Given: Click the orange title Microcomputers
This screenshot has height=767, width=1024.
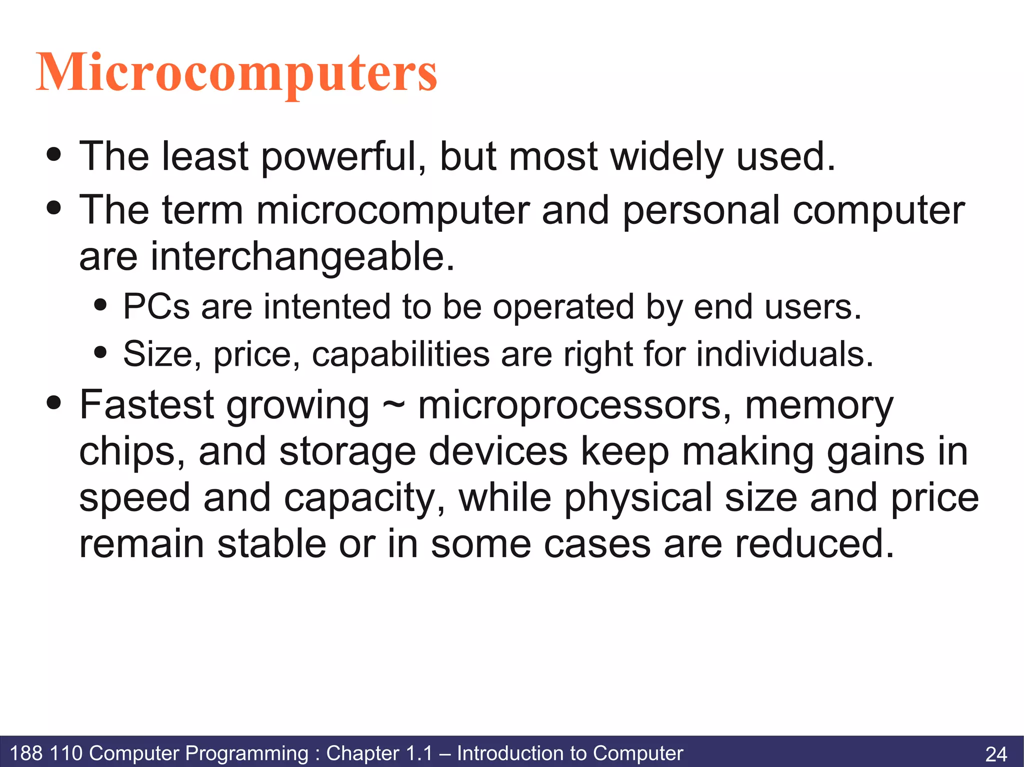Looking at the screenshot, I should (236, 73).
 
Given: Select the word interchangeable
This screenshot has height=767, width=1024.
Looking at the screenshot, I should (267, 256).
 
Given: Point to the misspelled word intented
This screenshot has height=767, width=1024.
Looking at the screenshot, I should (327, 307).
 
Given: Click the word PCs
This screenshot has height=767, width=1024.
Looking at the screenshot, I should (156, 307).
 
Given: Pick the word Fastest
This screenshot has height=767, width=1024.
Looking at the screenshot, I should (147, 405).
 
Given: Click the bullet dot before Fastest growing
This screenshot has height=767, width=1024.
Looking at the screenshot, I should (53, 402).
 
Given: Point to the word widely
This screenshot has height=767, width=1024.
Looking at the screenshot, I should (667, 157).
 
